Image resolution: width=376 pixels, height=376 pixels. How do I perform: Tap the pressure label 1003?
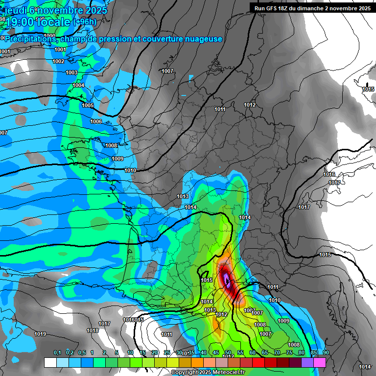click(x=71, y=72)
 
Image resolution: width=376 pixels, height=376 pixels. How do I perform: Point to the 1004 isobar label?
click(x=78, y=85)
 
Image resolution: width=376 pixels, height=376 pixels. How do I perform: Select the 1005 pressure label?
click(x=88, y=105)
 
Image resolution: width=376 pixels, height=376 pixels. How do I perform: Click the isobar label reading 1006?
click(x=96, y=121)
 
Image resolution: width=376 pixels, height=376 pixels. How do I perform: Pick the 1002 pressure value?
click(x=58, y=61)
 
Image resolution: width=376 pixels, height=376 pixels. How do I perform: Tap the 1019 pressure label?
click(x=40, y=334)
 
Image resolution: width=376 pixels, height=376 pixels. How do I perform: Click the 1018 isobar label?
click(x=93, y=330)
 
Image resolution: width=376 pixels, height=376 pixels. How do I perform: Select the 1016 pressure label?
click(x=329, y=174)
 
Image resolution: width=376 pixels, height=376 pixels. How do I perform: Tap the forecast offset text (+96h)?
click(x=85, y=22)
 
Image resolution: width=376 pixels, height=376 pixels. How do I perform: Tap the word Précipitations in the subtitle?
click(x=30, y=39)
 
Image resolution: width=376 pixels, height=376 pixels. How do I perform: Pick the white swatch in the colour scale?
click(x=50, y=362)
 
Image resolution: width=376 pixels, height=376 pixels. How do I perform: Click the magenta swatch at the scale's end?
click(x=320, y=362)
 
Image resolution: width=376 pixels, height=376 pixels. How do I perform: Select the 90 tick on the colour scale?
click(x=326, y=352)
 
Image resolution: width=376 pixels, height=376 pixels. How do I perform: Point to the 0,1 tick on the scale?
click(x=57, y=352)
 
